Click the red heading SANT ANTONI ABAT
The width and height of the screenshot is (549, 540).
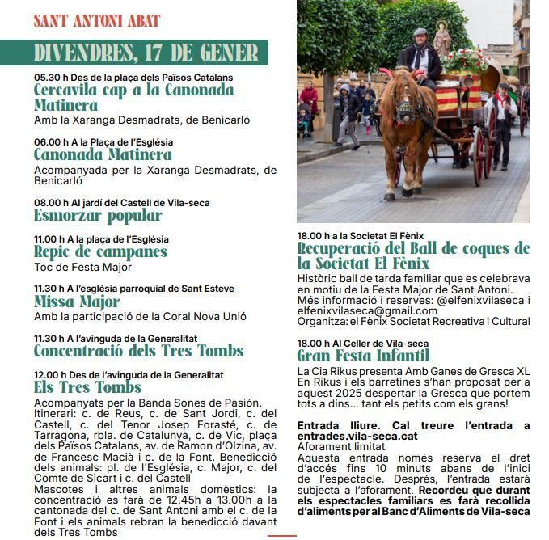(97, 21)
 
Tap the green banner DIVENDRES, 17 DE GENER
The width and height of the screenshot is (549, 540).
(146, 53)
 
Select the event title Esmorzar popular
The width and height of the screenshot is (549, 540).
(98, 215)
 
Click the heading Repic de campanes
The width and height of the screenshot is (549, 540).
(100, 251)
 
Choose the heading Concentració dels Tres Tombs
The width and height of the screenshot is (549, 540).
(138, 351)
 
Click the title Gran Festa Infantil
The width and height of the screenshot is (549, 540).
(363, 356)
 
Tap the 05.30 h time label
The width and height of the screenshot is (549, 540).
(49, 78)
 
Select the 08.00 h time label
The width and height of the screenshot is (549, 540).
(49, 203)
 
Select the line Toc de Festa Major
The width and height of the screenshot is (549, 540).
(82, 267)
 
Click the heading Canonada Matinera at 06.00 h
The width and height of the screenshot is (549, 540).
(103, 154)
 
